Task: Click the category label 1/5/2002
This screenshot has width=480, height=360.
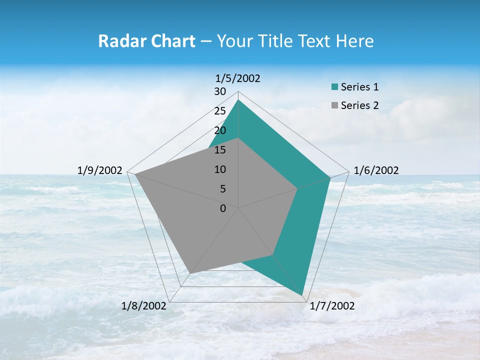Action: [238, 78]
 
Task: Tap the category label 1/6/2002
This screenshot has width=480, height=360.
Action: [376, 170]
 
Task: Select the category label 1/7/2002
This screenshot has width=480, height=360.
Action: [332, 306]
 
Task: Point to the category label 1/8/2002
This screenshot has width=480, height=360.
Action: [144, 306]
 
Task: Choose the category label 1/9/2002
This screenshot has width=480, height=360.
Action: [100, 170]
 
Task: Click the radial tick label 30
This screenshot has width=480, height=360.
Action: [220, 91]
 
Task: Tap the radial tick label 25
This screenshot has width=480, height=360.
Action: [220, 111]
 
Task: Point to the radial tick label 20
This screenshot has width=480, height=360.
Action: [220, 130]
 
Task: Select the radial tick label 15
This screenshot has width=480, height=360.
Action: [220, 150]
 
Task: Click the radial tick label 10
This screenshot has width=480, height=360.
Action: [220, 169]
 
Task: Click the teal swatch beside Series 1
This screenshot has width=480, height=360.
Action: [334, 87]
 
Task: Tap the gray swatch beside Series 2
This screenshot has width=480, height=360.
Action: [334, 105]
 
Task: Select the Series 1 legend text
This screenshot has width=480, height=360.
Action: [359, 87]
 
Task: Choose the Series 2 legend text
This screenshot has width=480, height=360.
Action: [359, 105]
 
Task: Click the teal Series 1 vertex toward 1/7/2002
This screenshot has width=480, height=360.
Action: [302, 295]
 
